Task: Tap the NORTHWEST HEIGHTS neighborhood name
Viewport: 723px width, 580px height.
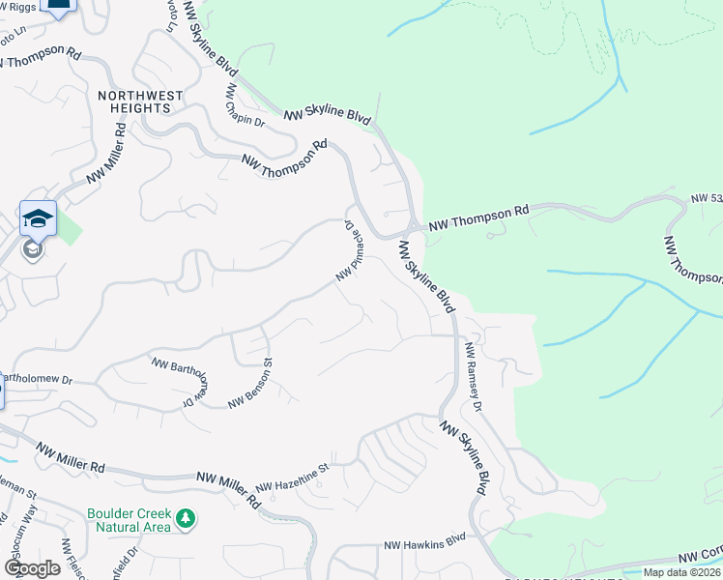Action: (x=134, y=101)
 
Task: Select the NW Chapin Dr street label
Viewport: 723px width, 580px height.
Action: (x=246, y=105)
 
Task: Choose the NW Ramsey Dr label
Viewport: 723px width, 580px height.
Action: (x=473, y=373)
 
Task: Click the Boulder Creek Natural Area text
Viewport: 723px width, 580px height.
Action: (x=129, y=521)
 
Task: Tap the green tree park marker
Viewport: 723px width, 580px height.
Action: (x=184, y=520)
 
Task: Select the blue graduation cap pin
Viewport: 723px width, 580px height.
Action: (x=38, y=217)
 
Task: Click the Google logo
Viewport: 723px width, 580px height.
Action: (x=32, y=567)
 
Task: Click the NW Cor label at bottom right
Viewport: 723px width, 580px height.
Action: (x=699, y=558)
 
